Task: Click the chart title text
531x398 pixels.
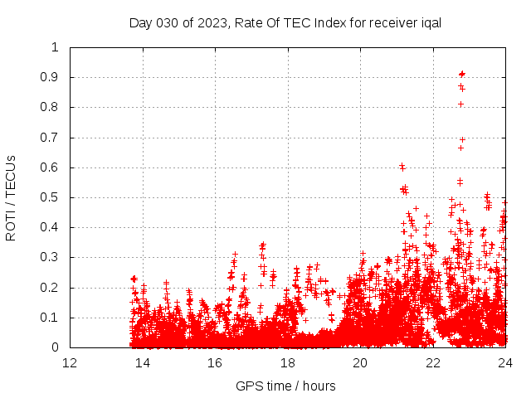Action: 285,22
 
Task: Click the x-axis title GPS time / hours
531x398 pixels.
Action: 285,386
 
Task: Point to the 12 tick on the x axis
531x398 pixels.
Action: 70,363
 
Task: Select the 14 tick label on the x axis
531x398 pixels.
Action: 142,363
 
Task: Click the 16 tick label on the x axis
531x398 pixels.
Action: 215,363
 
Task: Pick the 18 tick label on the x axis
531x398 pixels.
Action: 287,363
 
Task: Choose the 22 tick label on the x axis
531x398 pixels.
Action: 432,363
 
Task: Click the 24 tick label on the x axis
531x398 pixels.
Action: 504,363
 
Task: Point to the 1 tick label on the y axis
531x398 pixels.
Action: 55,47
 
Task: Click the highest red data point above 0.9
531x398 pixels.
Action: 462,74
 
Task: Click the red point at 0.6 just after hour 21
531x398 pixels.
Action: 402,167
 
